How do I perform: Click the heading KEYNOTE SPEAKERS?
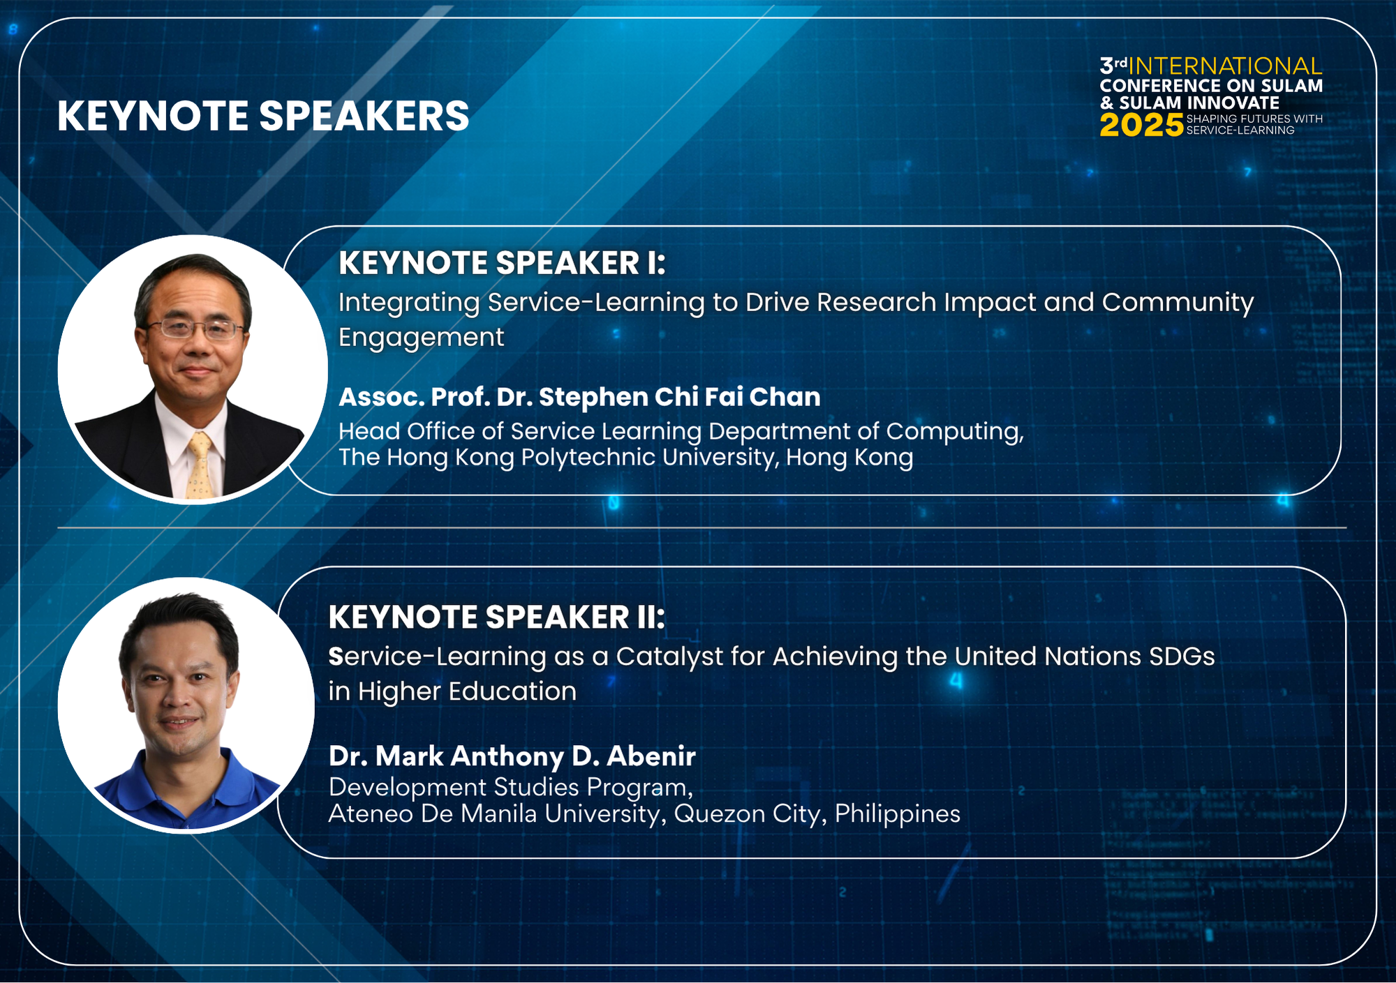263,116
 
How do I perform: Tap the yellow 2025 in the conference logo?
1141,126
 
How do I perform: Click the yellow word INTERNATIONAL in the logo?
1225,66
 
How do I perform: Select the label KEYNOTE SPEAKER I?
503,263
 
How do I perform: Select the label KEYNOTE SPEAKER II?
497,617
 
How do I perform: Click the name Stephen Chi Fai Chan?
679,397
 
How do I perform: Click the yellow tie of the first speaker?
200,466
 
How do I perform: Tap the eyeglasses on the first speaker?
195,329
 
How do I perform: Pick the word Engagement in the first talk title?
421,338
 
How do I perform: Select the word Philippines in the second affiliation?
898,813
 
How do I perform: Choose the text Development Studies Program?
511,787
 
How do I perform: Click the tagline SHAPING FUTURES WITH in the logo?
1254,119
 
